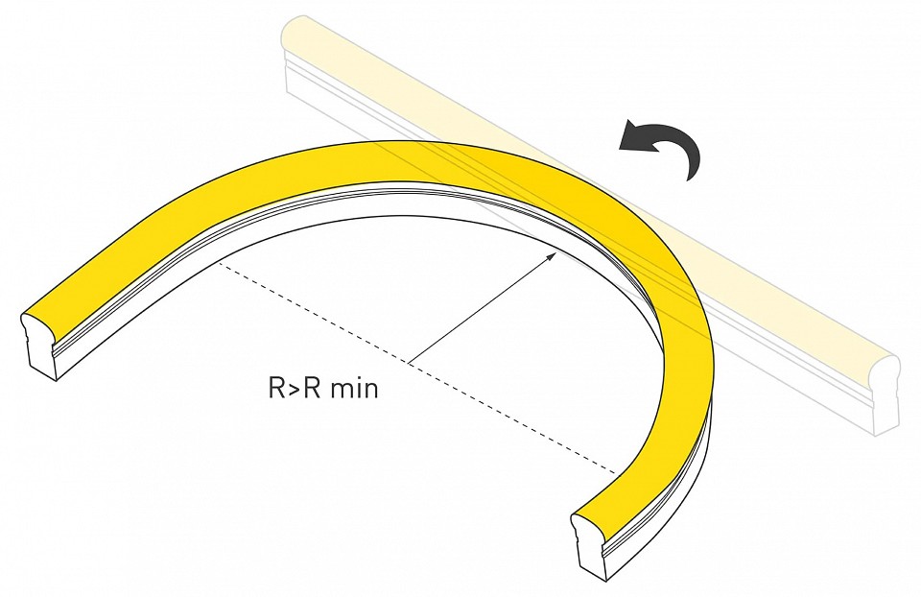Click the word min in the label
pos(354,389)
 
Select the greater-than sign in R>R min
pos(295,389)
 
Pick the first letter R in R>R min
pos(277,389)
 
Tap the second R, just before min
pos(313,389)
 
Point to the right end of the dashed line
pos(618,472)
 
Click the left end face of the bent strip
pos(40,346)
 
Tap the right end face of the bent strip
pos(589,544)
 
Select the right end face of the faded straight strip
pos(886,394)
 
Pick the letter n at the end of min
pos(371,391)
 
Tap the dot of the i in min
pos(358,379)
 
